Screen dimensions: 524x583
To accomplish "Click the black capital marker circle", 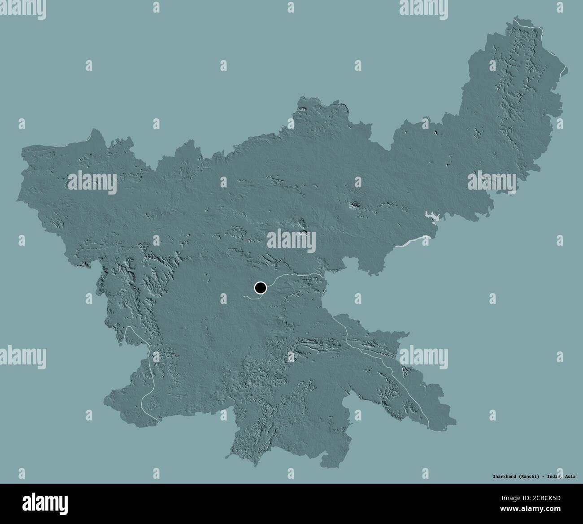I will tap(260, 288).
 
